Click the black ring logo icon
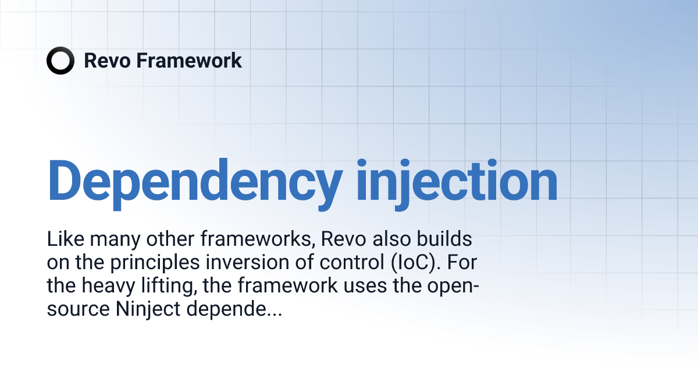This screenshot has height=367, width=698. (60, 61)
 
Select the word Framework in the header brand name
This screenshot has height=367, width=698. (189, 61)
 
